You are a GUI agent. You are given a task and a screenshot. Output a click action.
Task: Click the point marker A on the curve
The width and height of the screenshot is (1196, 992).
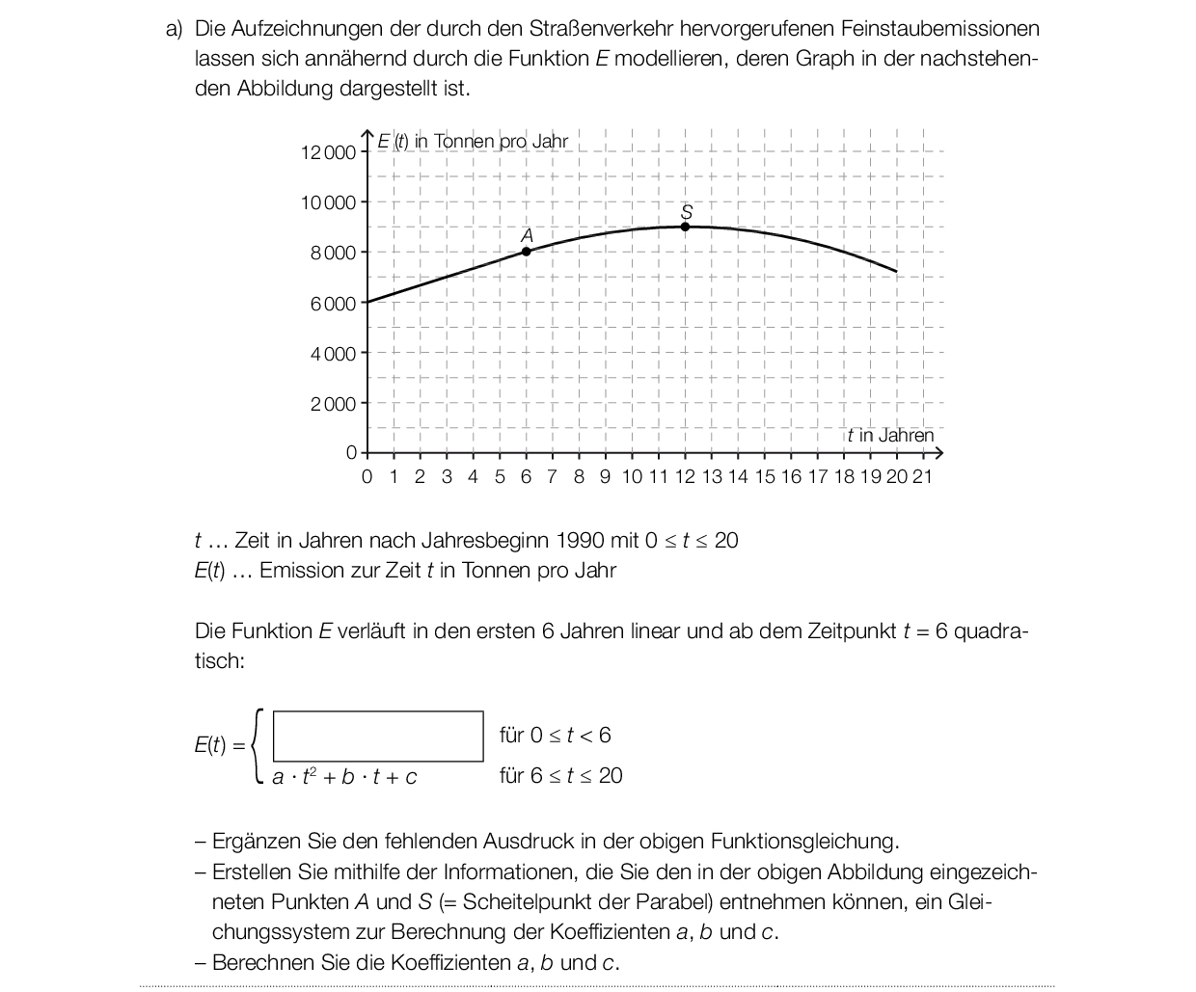coord(526,252)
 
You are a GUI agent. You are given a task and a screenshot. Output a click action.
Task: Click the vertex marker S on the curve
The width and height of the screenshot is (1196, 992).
coord(685,227)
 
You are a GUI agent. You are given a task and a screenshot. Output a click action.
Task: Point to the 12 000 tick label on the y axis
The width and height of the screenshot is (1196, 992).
coord(328,152)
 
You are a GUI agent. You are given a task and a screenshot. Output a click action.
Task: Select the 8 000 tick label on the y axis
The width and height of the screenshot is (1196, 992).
coord(333,253)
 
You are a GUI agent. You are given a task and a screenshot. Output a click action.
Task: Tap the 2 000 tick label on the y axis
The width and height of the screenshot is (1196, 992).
coord(333,404)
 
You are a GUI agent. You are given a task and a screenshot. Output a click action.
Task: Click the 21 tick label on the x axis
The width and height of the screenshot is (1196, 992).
coord(922,476)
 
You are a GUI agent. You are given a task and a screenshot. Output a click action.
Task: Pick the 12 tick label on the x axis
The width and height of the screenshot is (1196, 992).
coord(685,476)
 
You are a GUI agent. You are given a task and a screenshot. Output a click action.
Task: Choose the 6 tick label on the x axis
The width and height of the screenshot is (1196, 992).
coord(526,476)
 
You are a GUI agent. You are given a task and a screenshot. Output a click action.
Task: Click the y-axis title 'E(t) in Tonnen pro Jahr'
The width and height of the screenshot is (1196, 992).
coord(473,142)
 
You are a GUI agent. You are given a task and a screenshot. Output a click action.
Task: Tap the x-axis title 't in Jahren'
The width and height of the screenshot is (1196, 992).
coord(891,435)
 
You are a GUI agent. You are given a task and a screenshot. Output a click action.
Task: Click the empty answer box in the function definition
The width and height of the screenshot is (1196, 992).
coord(378,737)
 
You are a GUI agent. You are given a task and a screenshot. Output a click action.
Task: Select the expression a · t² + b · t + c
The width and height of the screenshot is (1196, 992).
coord(344,777)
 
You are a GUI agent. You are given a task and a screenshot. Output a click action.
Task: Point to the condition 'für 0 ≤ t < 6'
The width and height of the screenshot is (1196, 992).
coord(555,736)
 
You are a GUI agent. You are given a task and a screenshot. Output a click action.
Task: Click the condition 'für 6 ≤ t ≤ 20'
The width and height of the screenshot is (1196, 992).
coord(560,776)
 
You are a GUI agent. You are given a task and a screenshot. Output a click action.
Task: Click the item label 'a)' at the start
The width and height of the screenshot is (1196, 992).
coord(175,29)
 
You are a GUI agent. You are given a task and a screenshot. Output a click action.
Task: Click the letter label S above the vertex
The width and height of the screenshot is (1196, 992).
coord(687,211)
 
